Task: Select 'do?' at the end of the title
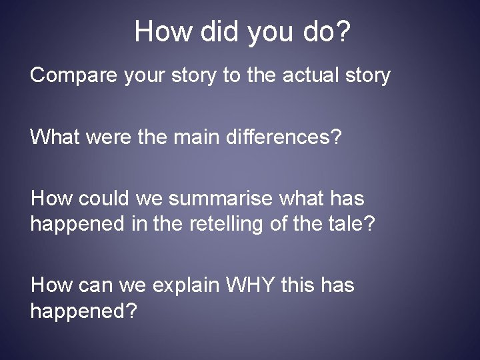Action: point(323,31)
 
